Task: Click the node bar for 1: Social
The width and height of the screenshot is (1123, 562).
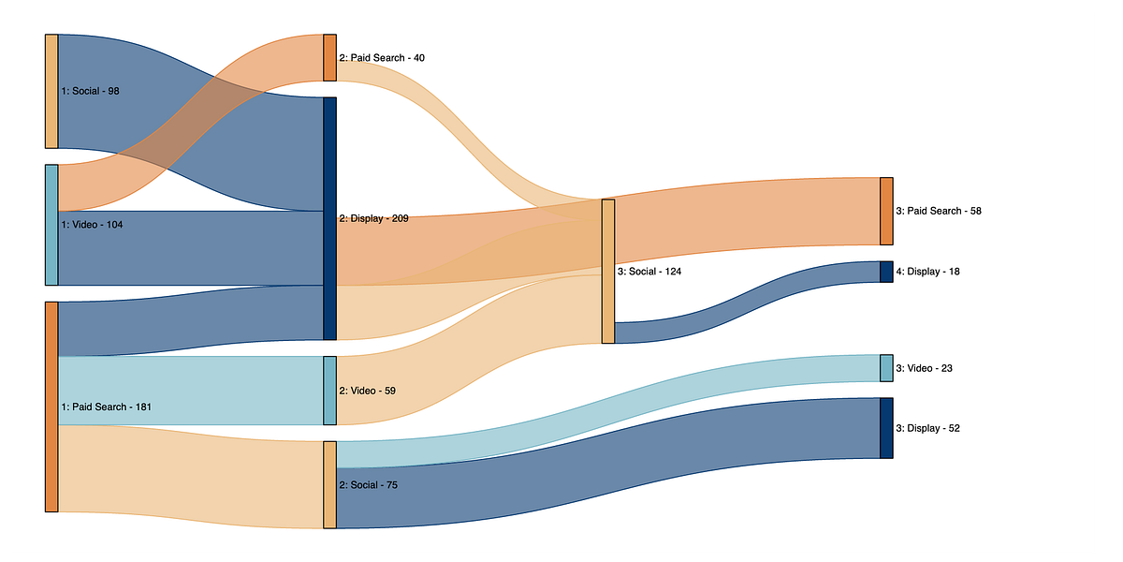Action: pyautogui.click(x=51, y=91)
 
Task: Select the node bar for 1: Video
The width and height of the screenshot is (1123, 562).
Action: pyautogui.click(x=51, y=225)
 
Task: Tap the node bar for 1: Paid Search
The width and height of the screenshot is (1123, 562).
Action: pyautogui.click(x=51, y=407)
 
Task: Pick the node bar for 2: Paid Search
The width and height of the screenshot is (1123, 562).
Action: pyautogui.click(x=329, y=58)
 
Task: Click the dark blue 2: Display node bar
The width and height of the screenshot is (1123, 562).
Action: pyautogui.click(x=329, y=218)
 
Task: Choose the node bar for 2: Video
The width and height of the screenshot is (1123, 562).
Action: pyautogui.click(x=329, y=391)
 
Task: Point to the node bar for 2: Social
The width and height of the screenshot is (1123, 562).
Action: pyautogui.click(x=329, y=484)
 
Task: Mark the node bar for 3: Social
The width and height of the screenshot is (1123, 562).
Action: pyautogui.click(x=608, y=272)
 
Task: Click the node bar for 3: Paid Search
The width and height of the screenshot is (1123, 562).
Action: pyautogui.click(x=886, y=211)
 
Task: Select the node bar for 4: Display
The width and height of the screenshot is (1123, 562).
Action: pyautogui.click(x=886, y=272)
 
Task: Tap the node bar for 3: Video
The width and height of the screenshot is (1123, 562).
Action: pyautogui.click(x=886, y=368)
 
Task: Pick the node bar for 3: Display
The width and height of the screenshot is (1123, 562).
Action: pyautogui.click(x=886, y=428)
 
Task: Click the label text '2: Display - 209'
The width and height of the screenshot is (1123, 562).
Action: pyautogui.click(x=373, y=218)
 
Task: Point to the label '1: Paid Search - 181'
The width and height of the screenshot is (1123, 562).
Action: pyautogui.click(x=106, y=407)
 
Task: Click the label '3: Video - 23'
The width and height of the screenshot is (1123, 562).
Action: pyautogui.click(x=924, y=368)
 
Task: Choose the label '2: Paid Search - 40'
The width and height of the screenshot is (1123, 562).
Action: pyautogui.click(x=382, y=58)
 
